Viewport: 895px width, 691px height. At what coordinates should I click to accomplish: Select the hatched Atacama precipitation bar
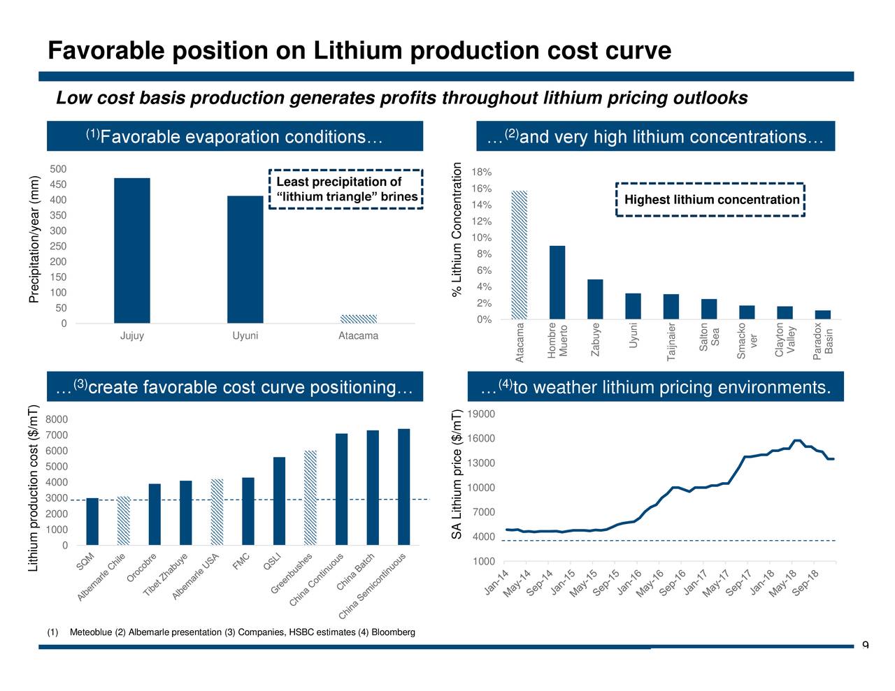(358, 319)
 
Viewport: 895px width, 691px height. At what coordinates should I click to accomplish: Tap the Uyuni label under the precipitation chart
(245, 336)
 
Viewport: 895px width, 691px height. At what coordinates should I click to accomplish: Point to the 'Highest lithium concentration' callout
(711, 200)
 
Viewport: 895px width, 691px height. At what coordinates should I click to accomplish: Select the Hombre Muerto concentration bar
(557, 282)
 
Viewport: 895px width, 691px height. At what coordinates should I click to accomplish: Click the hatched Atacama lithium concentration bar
(520, 254)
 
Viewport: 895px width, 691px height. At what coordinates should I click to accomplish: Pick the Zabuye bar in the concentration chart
(595, 299)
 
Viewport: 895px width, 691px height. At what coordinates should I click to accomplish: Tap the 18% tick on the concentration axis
(482, 173)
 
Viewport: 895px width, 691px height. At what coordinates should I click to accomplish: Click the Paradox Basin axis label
(823, 342)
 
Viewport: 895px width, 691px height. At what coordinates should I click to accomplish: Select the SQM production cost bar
(92, 521)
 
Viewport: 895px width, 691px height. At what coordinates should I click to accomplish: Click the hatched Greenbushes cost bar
(310, 497)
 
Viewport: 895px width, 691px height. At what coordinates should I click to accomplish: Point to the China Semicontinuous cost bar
(403, 486)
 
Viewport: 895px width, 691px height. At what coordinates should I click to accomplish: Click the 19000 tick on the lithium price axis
(482, 414)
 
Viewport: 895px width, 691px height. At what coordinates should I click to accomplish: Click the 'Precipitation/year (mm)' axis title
(34, 239)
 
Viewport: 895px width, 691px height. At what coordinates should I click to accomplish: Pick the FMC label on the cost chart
(241, 561)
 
